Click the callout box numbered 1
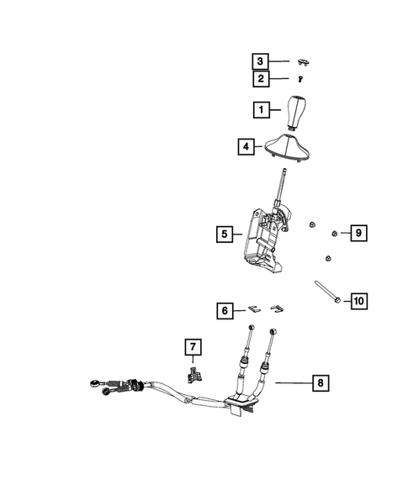click(262, 109)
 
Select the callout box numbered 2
click(262, 79)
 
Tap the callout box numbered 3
click(262, 61)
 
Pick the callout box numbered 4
click(246, 146)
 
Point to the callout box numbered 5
click(223, 234)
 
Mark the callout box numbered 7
click(193, 346)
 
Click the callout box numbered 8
click(319, 382)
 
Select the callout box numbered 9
click(357, 232)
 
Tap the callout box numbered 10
click(357, 300)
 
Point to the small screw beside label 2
click(300, 79)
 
